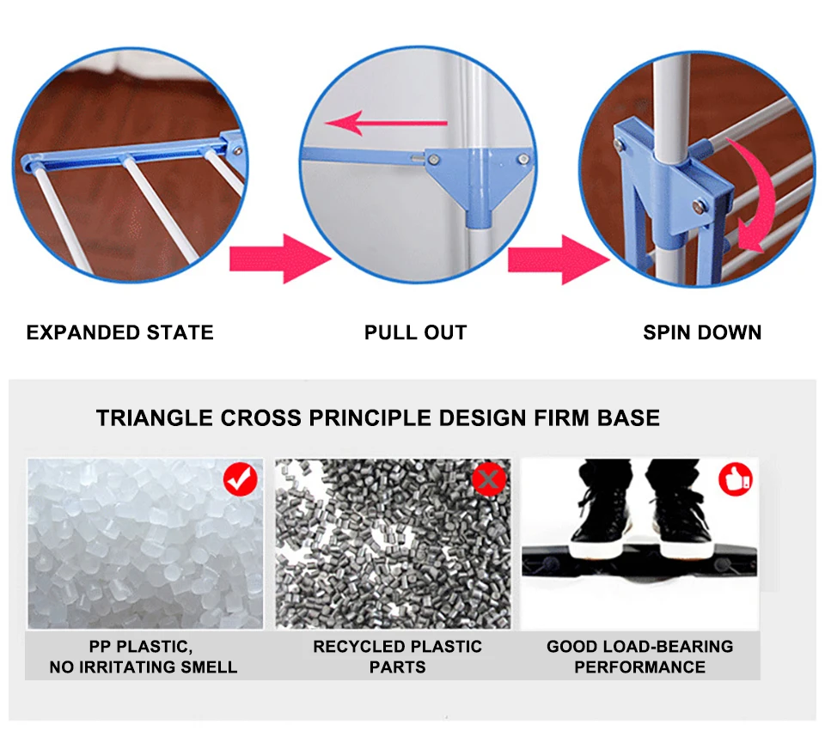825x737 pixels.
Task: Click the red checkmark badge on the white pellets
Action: [241, 478]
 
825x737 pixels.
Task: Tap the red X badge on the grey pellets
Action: [489, 478]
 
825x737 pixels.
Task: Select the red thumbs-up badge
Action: [736, 478]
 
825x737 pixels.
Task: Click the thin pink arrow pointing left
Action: [386, 124]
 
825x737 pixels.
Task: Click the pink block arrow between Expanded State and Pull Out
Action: [280, 259]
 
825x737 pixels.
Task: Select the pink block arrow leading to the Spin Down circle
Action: [559, 260]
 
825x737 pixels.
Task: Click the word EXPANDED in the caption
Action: [84, 332]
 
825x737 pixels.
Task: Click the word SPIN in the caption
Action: [667, 332]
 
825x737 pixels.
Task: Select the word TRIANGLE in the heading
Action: [155, 418]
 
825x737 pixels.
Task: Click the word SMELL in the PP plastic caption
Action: [209, 667]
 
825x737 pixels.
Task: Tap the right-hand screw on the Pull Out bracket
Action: [523, 159]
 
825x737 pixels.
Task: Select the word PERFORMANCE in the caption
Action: [639, 667]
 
